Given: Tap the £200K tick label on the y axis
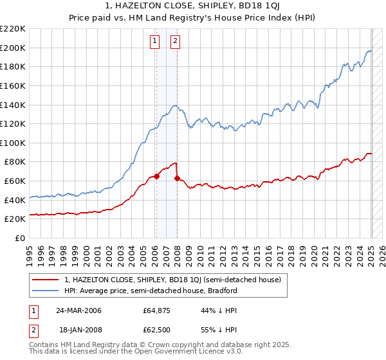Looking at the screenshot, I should pyautogui.click(x=13, y=48).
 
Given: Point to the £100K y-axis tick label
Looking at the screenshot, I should pyautogui.click(x=13, y=143).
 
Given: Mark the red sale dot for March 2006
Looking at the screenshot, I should pyautogui.click(x=156, y=176).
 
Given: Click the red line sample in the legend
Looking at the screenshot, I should pyautogui.click(x=46, y=280).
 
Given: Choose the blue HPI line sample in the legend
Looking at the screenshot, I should pyautogui.click(x=46, y=291).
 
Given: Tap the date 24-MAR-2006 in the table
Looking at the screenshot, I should pyautogui.click(x=78, y=310).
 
